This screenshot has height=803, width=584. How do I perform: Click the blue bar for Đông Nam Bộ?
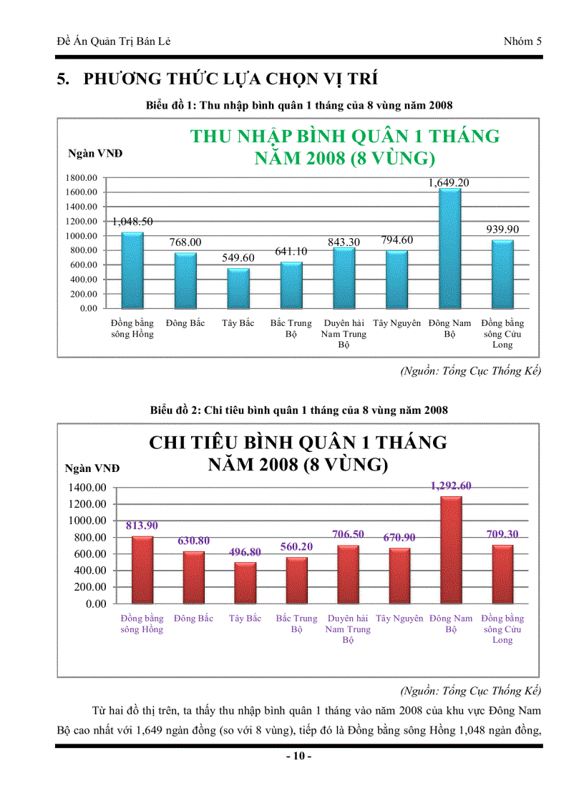pyautogui.click(x=449, y=248)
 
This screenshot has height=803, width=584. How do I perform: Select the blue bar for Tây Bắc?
pyautogui.click(x=238, y=288)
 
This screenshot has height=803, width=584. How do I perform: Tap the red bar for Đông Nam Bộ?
pyautogui.click(x=451, y=549)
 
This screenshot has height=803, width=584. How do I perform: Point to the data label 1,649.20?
pyautogui.click(x=449, y=183)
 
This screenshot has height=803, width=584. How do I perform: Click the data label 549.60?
pyautogui.click(x=238, y=257)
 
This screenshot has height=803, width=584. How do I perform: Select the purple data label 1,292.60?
pyautogui.click(x=451, y=486)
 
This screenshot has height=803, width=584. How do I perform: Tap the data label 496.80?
pyautogui.click(x=245, y=552)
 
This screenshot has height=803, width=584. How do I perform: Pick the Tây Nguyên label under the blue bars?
pyautogui.click(x=396, y=323)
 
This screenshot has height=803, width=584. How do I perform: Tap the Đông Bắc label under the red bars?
pyautogui.click(x=193, y=619)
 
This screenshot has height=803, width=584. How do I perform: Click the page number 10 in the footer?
pyautogui.click(x=298, y=757)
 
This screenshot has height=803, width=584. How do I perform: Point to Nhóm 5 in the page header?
pyautogui.click(x=522, y=41)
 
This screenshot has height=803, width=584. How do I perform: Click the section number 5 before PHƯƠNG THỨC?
pyautogui.click(x=62, y=79)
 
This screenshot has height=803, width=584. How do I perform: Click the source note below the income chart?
pyautogui.click(x=470, y=371)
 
